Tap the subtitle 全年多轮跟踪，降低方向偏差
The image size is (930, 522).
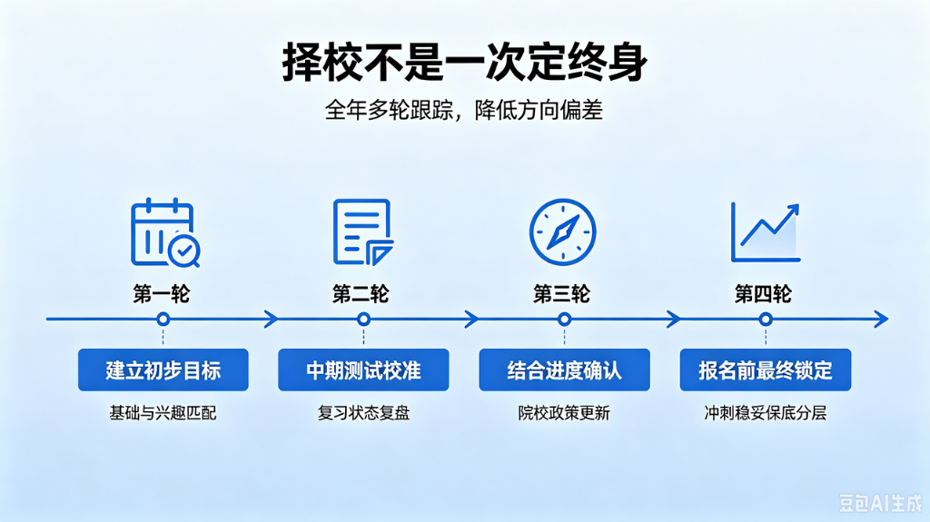click(x=464, y=111)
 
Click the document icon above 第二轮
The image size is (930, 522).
click(x=363, y=231)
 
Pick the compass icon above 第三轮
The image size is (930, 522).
click(x=562, y=231)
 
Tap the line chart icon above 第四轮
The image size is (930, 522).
click(x=765, y=231)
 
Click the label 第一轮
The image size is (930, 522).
click(x=162, y=293)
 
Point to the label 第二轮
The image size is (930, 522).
click(x=361, y=293)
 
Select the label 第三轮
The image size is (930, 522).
click(x=561, y=293)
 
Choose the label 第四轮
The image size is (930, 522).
click(x=763, y=293)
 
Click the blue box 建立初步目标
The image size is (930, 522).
click(x=163, y=369)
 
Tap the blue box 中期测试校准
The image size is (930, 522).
click(x=363, y=369)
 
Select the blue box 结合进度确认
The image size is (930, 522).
click(x=565, y=369)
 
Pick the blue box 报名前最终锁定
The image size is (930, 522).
click(x=766, y=369)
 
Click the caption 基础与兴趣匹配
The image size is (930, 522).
click(x=163, y=413)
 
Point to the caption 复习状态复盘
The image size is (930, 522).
click(x=363, y=413)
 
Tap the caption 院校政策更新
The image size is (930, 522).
click(x=564, y=413)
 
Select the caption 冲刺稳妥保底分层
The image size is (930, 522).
click(x=765, y=413)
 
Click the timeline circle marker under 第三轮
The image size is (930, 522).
click(x=565, y=320)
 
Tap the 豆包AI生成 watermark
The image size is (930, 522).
click(x=880, y=503)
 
